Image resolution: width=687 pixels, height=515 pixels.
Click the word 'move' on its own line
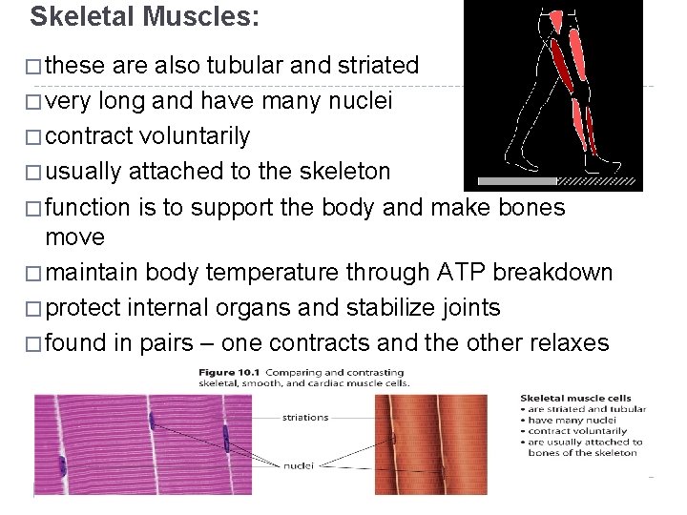(75, 236)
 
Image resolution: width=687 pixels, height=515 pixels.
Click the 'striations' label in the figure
(305, 417)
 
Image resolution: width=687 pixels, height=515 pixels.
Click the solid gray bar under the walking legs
(516, 180)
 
